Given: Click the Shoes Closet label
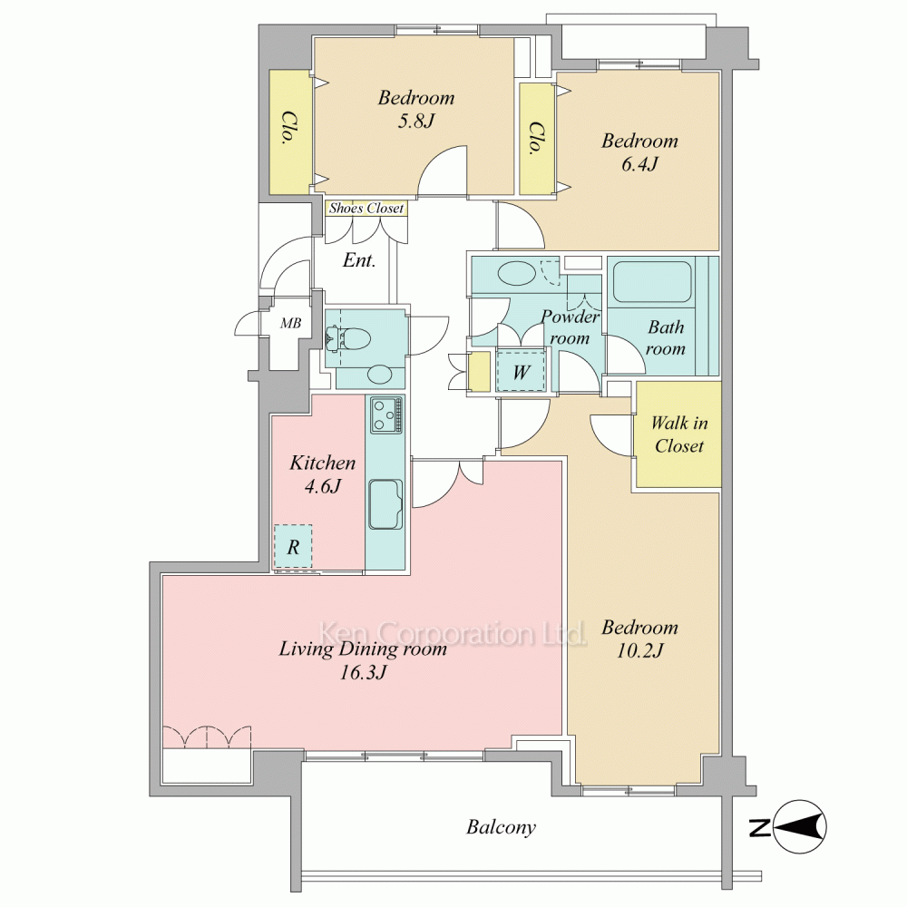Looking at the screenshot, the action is pyautogui.click(x=366, y=209).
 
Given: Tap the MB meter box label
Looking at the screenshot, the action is pyautogui.click(x=291, y=324).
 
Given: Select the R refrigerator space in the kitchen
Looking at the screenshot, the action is pyautogui.click(x=293, y=547).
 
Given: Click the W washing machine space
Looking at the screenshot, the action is pyautogui.click(x=521, y=371).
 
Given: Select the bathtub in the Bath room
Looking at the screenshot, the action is pyautogui.click(x=652, y=282).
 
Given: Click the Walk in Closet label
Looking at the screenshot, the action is pyautogui.click(x=679, y=434).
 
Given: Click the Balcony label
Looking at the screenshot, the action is pyautogui.click(x=501, y=827).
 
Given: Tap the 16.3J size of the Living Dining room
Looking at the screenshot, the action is pyautogui.click(x=363, y=672).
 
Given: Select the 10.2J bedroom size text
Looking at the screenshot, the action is pyautogui.click(x=639, y=650).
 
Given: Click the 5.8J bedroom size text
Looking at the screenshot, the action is pyautogui.click(x=416, y=121).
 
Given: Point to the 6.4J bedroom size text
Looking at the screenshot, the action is pyautogui.click(x=639, y=164).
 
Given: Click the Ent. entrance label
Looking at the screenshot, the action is pyautogui.click(x=358, y=260).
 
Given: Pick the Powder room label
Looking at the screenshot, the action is pyautogui.click(x=570, y=327).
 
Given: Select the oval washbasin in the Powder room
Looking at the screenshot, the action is pyautogui.click(x=517, y=272).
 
